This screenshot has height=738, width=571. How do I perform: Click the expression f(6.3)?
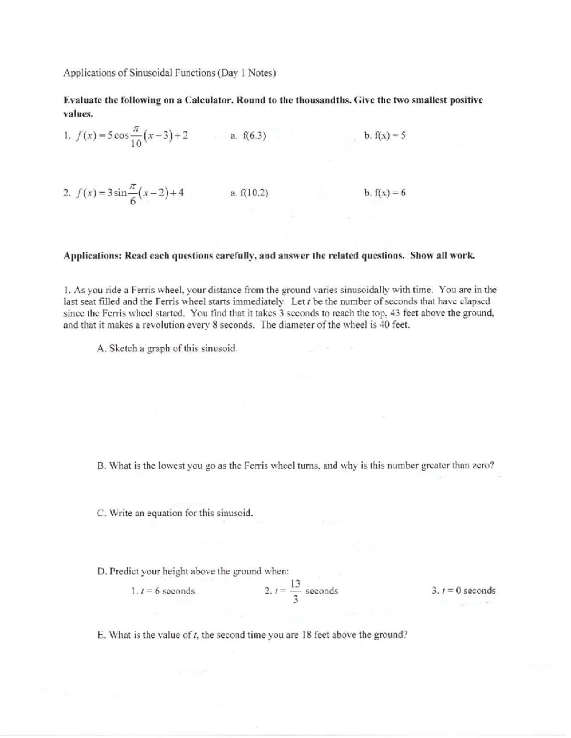point(254,136)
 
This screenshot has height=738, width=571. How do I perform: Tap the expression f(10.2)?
point(255,193)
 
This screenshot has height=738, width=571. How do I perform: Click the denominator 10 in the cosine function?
point(136,144)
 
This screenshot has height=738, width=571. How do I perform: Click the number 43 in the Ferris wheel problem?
point(395,313)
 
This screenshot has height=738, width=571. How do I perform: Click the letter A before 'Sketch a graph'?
point(100,348)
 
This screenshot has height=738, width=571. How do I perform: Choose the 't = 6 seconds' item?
point(163,591)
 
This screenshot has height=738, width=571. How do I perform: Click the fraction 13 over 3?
point(295,591)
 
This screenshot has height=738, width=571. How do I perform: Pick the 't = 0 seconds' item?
point(463,591)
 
